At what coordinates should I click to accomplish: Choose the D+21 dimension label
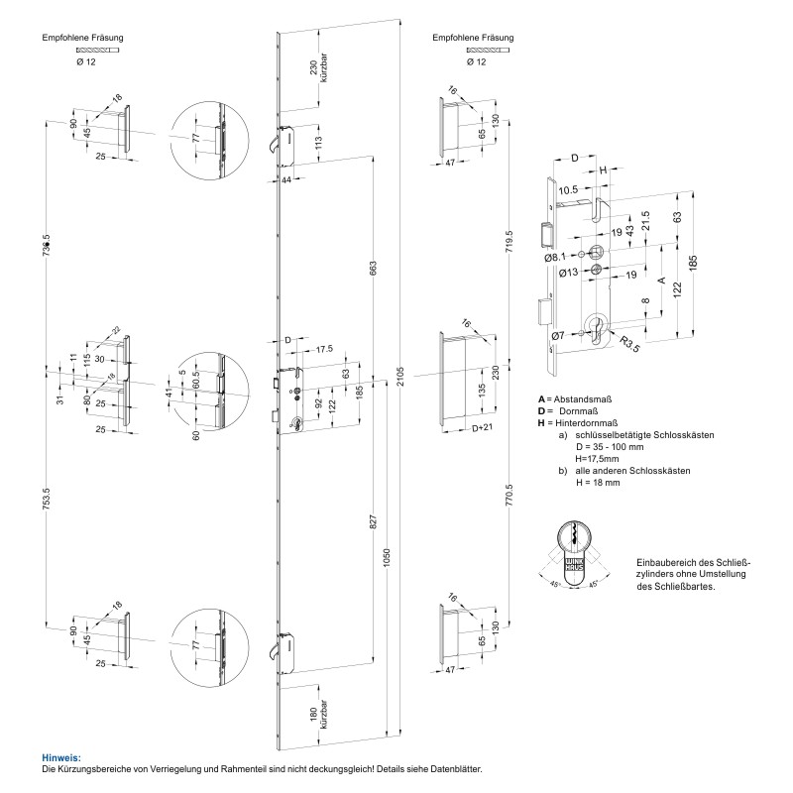[x=483, y=428]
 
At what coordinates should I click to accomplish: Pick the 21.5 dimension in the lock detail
[x=645, y=219]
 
